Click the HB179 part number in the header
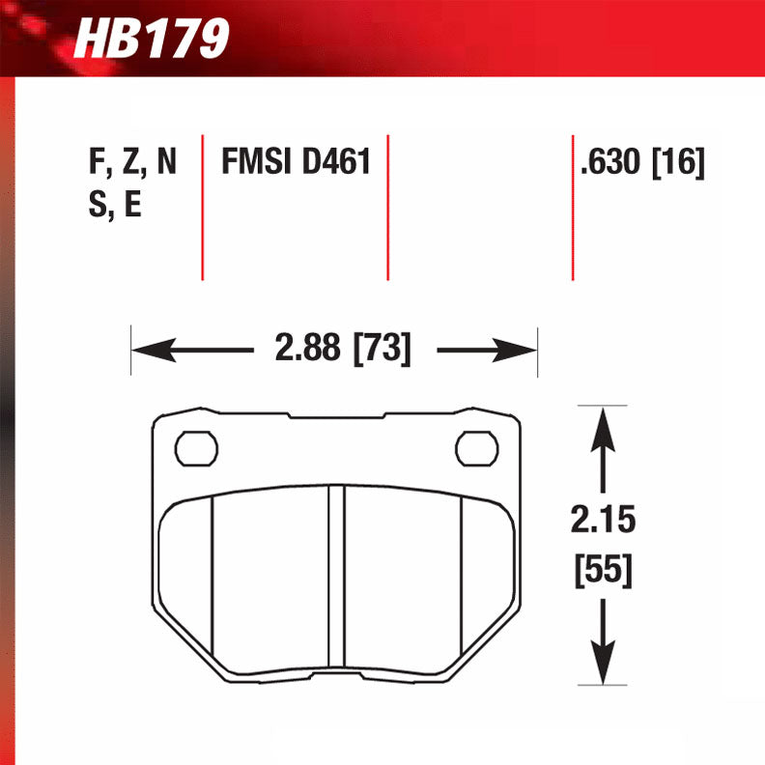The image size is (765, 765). [x=152, y=41]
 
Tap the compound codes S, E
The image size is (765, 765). [x=114, y=206]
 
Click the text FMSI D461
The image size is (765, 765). [x=296, y=161]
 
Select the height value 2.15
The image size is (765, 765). [x=604, y=523]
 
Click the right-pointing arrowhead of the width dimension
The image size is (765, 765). [x=516, y=349]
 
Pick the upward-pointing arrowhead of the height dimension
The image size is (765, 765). [x=604, y=426]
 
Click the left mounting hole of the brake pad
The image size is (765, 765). [x=197, y=447]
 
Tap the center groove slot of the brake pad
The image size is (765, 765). [x=336, y=576]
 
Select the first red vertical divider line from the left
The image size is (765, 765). [x=202, y=208]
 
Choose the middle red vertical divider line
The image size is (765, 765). [x=387, y=208]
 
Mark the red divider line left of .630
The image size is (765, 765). [x=573, y=208]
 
